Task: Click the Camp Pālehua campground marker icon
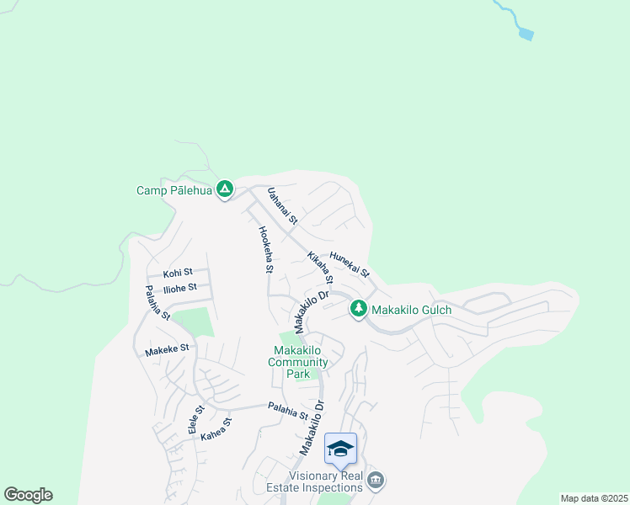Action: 225,189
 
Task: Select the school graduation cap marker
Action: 340,448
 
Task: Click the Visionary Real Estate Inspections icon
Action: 376,480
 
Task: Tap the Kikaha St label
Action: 321,268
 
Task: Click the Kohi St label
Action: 178,273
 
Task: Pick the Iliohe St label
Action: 180,288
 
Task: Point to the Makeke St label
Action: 167,348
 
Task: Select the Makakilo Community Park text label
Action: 298,362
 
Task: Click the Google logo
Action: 28,495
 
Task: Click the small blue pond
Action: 526,35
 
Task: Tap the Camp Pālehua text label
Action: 174,190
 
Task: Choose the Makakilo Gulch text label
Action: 412,310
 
